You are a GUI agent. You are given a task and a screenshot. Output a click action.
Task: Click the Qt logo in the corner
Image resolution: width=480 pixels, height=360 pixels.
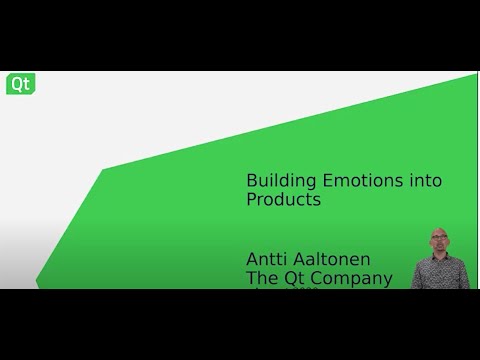[20, 84]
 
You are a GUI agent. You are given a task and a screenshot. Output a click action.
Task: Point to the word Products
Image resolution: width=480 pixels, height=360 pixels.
[283, 200]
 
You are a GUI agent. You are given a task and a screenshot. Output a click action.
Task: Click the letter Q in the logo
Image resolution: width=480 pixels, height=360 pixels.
[16, 84]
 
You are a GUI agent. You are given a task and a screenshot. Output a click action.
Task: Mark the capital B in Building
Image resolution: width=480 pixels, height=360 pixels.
[252, 181]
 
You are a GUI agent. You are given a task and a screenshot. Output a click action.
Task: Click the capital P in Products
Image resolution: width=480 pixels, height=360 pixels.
[252, 200]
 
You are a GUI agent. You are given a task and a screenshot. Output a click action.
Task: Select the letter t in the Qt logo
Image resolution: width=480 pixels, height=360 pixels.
[25, 84]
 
